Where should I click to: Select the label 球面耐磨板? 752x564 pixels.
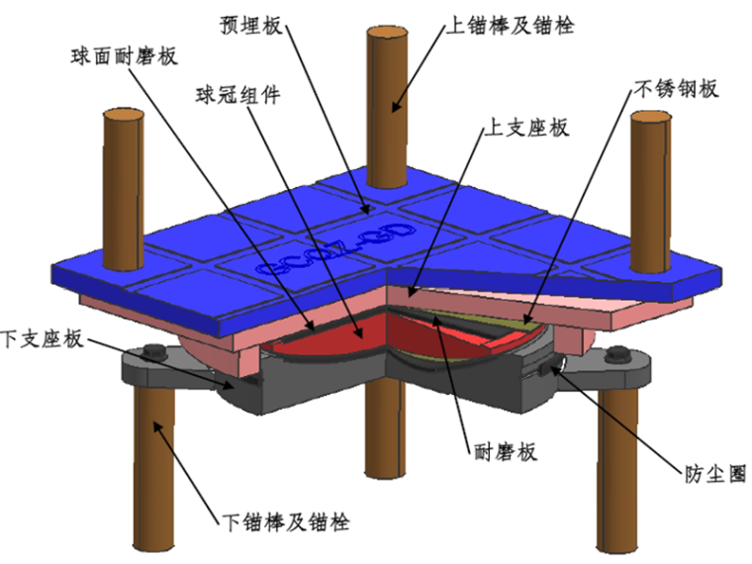pos(125,55)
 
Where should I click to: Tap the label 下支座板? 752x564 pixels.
pos(44,340)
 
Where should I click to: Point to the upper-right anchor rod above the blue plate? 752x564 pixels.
pos(652,178)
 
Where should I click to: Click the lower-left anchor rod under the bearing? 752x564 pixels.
pos(158,465)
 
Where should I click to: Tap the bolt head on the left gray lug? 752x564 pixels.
pos(153,351)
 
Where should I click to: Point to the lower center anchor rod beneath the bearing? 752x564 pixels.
pos(387,435)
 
